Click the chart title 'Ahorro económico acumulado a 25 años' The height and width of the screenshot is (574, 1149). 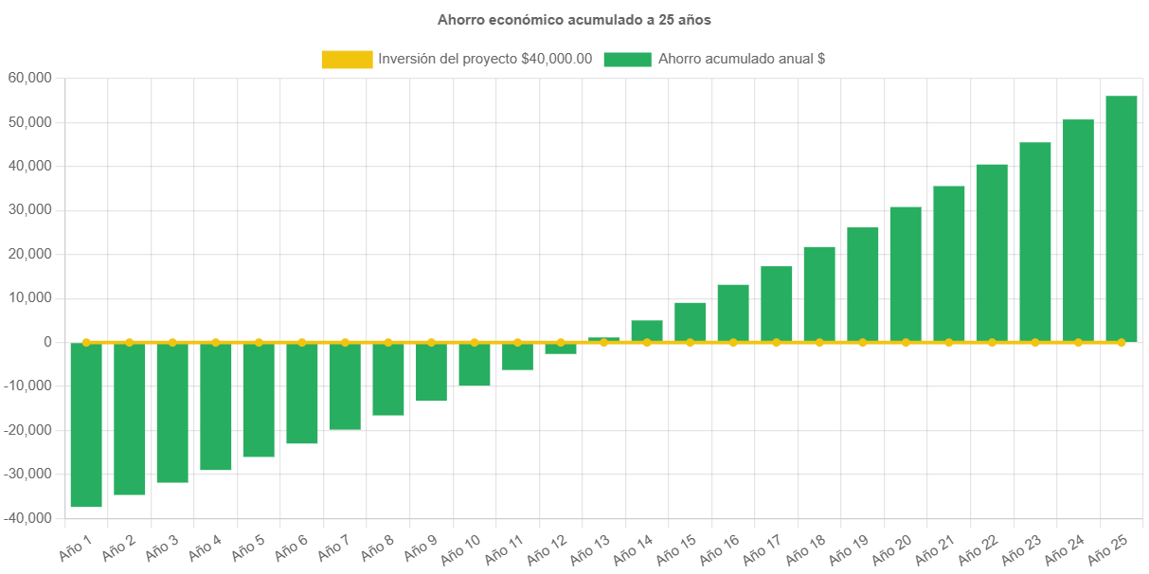[x=574, y=20]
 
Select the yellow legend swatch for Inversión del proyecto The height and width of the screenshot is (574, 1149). [x=347, y=60]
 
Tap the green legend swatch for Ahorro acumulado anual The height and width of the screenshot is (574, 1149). [x=627, y=60]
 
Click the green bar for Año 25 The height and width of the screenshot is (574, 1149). [x=1121, y=218]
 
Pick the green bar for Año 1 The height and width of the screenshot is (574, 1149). [x=86, y=425]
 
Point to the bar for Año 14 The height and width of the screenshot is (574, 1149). [x=647, y=331]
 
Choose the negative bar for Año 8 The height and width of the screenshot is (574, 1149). [x=388, y=380]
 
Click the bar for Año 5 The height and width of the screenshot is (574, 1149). [x=259, y=400]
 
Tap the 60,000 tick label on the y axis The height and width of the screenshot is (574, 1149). [x=29, y=78]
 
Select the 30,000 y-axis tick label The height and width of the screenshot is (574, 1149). [x=29, y=210]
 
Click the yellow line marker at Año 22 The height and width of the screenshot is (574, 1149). [x=992, y=342]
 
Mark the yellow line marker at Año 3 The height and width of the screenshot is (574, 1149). [x=172, y=342]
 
